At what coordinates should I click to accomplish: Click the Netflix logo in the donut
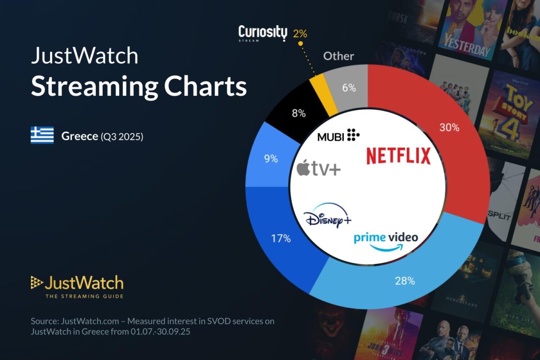point(398,156)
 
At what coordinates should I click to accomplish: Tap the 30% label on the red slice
point(449,128)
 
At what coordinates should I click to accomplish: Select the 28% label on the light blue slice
point(405,281)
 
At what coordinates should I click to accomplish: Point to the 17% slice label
point(281,238)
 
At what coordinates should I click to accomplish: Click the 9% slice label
point(271,159)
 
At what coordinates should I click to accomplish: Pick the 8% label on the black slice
point(299,113)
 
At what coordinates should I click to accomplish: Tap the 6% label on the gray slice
point(349,88)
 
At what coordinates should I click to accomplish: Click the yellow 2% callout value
point(300,34)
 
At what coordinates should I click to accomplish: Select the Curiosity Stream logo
point(262,34)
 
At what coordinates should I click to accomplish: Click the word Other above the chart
point(338,56)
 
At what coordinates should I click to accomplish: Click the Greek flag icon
point(42,135)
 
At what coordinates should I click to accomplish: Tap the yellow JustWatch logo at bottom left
point(77,286)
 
